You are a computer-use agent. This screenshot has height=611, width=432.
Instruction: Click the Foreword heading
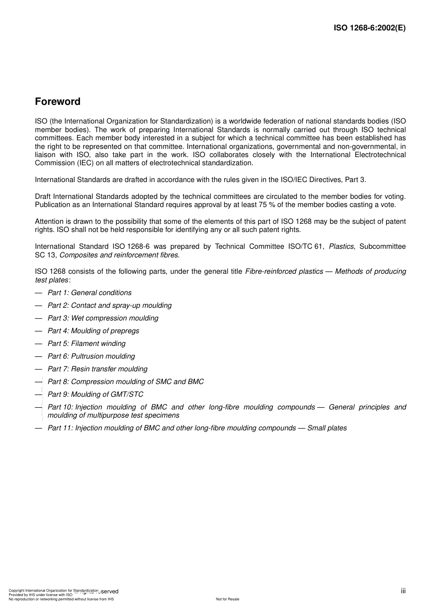coord(58,102)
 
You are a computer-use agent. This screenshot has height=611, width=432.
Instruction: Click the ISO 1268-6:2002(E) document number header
coord(369,28)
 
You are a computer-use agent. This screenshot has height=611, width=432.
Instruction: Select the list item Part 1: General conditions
coord(90,293)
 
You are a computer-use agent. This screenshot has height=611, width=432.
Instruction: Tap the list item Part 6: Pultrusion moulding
coord(91,356)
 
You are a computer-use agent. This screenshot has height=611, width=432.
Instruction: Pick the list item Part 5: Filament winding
coord(86,344)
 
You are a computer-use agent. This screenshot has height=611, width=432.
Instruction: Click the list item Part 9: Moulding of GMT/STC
coord(95,394)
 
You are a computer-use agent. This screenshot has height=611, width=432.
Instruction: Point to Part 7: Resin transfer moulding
coord(97,369)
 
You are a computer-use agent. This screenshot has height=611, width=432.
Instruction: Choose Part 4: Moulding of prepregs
coord(93,331)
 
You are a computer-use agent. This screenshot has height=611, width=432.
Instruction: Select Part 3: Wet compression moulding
coord(103,318)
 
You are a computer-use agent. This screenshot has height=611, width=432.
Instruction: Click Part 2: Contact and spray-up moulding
coord(110,305)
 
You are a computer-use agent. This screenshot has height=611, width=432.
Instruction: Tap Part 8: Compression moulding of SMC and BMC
coord(126,382)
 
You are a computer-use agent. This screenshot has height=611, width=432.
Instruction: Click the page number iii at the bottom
coord(403,591)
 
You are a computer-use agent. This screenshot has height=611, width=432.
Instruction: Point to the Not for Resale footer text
coord(227,599)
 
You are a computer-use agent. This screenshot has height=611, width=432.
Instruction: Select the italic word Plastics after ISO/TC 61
coord(341,246)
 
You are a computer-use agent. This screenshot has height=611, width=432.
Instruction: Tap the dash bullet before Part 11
coord(38,428)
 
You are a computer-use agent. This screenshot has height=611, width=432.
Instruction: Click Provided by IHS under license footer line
coord(40,595)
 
